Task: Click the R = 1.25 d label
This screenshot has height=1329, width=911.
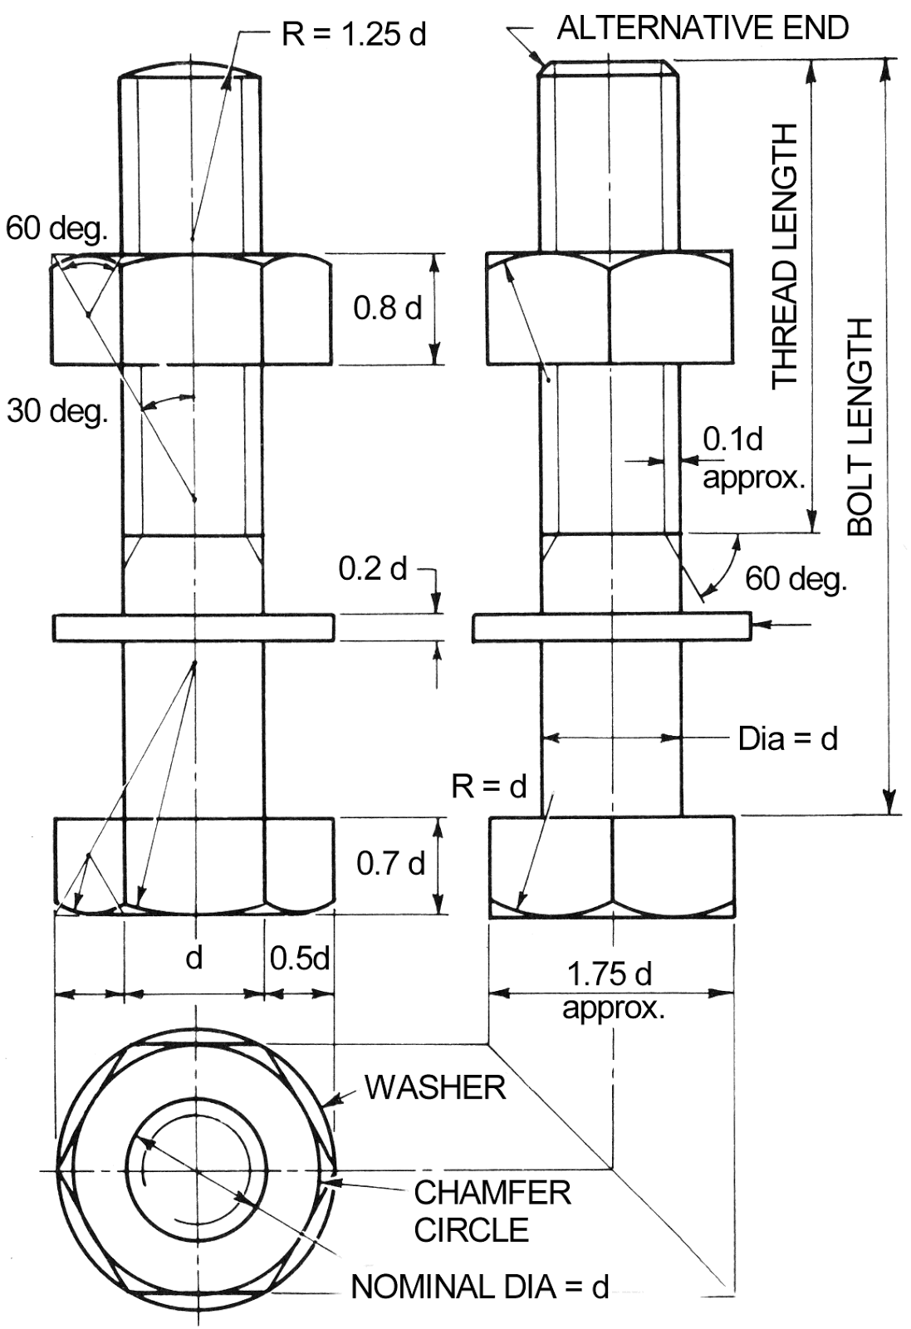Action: pyautogui.click(x=354, y=35)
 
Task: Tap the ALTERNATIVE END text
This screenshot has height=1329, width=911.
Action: pyautogui.click(x=703, y=28)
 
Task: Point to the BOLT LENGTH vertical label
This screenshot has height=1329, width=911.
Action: pyautogui.click(x=860, y=426)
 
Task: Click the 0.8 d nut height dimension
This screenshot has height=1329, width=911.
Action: pyautogui.click(x=387, y=308)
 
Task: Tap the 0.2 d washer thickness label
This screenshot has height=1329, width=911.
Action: pyautogui.click(x=373, y=569)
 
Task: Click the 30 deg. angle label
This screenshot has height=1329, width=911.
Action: pyautogui.click(x=57, y=410)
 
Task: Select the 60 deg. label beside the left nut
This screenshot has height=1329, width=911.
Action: pyautogui.click(x=56, y=229)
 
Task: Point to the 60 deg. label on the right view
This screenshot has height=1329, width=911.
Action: pyautogui.click(x=796, y=578)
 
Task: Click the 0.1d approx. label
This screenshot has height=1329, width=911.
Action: pyautogui.click(x=753, y=459)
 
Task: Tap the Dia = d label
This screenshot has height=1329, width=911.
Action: pyautogui.click(x=787, y=738)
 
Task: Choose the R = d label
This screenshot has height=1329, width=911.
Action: pyautogui.click(x=489, y=786)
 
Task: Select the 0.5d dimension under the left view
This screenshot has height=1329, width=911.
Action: pyautogui.click(x=299, y=959)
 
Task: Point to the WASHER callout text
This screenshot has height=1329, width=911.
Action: pyautogui.click(x=435, y=1087)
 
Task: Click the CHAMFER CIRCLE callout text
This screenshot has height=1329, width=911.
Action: pyautogui.click(x=492, y=1210)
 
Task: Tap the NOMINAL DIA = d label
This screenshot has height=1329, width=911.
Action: pyautogui.click(x=480, y=1287)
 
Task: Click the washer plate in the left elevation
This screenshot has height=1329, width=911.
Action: pyautogui.click(x=194, y=627)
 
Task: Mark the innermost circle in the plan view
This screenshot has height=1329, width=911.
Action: pyautogui.click(x=196, y=1172)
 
